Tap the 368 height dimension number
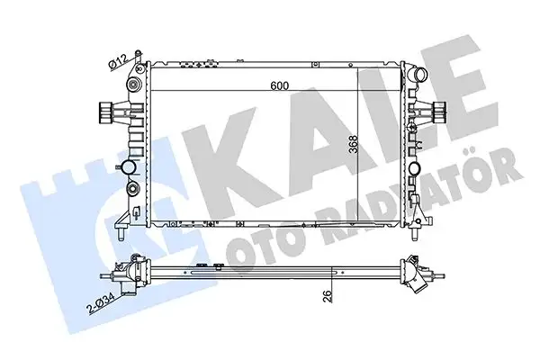(x=355, y=148)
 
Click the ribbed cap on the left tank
(x=105, y=113)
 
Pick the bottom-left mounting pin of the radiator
(x=118, y=234)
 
